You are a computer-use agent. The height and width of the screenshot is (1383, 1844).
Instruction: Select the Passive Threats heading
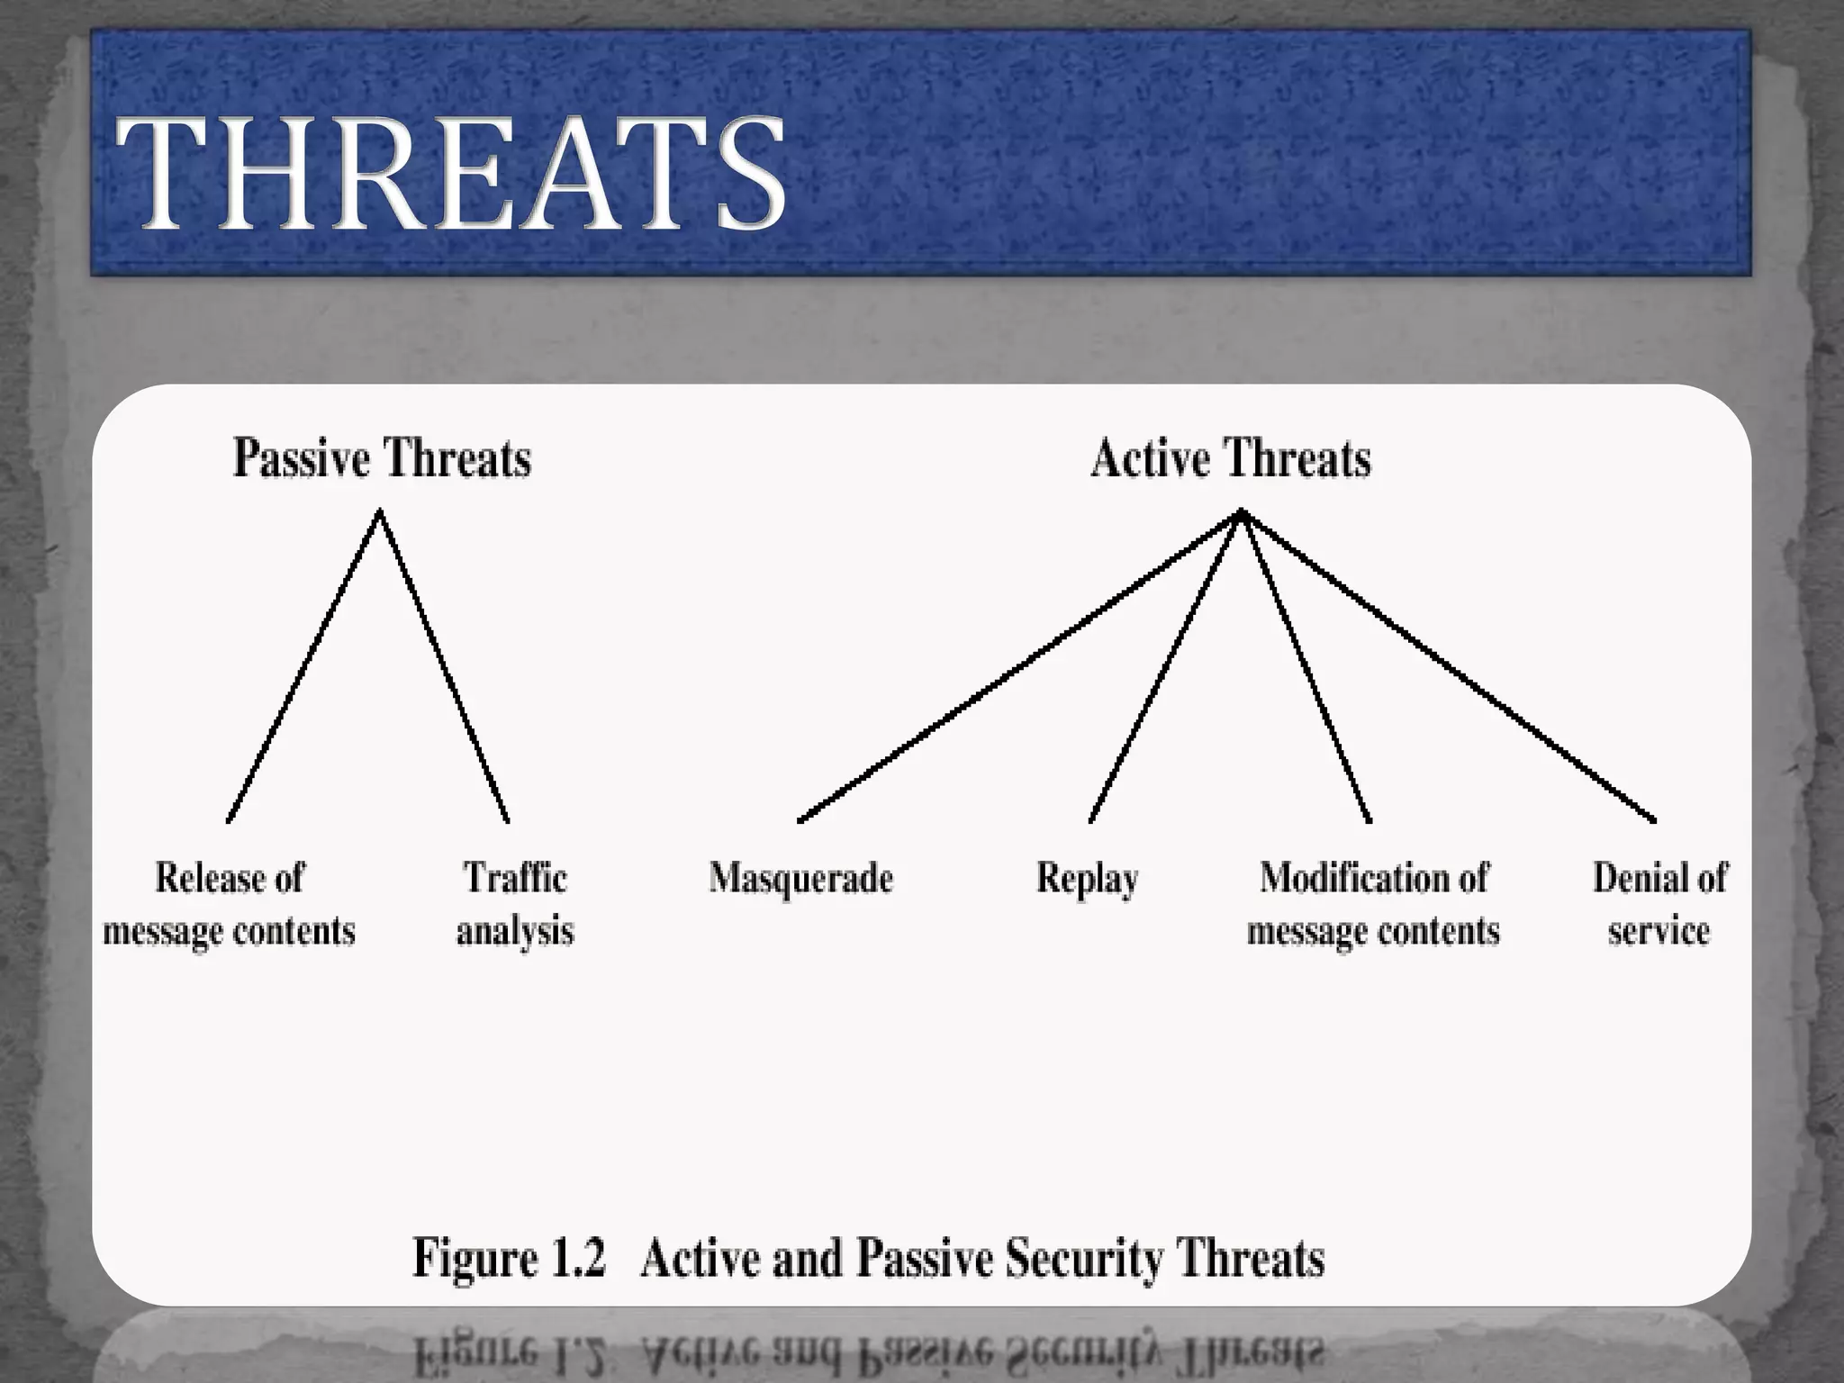click(x=382, y=457)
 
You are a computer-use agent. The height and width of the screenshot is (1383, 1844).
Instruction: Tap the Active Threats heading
click(x=1230, y=457)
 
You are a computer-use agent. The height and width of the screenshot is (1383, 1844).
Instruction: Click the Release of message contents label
click(x=229, y=904)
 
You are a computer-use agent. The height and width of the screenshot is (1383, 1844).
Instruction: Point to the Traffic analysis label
click(x=515, y=904)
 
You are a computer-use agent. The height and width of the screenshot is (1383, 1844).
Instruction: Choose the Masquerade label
click(x=800, y=878)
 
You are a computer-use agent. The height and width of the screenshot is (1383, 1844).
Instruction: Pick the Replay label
click(x=1087, y=878)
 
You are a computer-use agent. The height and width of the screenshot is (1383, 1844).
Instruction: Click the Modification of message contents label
click(x=1373, y=904)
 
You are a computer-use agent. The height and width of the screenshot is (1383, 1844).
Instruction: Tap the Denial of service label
click(x=1659, y=904)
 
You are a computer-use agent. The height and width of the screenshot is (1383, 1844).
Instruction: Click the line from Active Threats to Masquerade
click(x=1019, y=666)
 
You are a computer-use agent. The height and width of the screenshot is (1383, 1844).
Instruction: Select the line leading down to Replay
click(x=1165, y=666)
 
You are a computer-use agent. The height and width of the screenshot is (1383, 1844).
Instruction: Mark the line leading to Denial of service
click(x=1448, y=666)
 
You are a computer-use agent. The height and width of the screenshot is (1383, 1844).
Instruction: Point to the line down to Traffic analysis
click(x=444, y=666)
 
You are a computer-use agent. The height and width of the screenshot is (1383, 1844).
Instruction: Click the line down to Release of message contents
click(x=303, y=666)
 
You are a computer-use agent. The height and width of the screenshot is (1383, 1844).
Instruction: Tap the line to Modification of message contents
click(x=1306, y=666)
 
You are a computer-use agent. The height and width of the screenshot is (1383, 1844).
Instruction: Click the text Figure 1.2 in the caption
click(x=509, y=1257)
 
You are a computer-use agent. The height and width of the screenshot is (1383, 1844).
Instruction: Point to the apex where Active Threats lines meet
click(x=1241, y=512)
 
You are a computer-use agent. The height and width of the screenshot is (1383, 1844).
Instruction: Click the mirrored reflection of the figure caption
click(x=869, y=1351)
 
